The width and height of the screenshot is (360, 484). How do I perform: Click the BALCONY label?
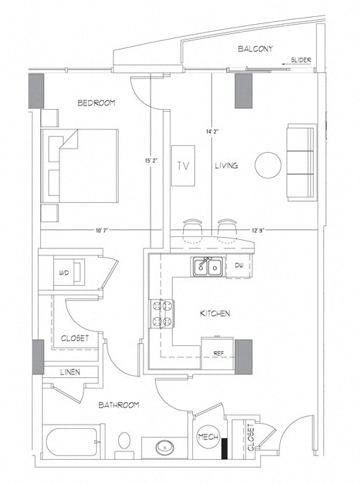tap(255, 49)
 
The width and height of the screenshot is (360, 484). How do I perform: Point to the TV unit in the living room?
tap(183, 166)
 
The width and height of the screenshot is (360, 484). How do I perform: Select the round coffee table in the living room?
tap(268, 165)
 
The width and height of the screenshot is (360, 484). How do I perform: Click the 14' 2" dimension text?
tap(212, 132)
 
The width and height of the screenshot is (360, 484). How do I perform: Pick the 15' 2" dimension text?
tap(151, 160)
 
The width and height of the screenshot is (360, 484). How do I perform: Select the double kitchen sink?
tap(208, 267)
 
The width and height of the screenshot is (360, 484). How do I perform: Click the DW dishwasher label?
tap(239, 265)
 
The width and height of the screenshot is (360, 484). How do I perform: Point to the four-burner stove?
tap(162, 313)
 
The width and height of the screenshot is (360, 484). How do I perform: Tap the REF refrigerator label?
tap(219, 353)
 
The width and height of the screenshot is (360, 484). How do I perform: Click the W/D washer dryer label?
tap(64, 272)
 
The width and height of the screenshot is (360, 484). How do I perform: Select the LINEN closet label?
tap(70, 372)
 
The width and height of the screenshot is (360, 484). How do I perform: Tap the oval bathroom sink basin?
tap(165, 447)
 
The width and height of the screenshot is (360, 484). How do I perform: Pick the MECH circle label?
tap(208, 437)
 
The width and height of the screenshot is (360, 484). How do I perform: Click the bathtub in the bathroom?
tap(72, 442)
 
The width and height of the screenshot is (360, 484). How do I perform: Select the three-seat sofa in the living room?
tap(302, 163)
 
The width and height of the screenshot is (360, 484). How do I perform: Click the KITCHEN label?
tap(215, 313)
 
